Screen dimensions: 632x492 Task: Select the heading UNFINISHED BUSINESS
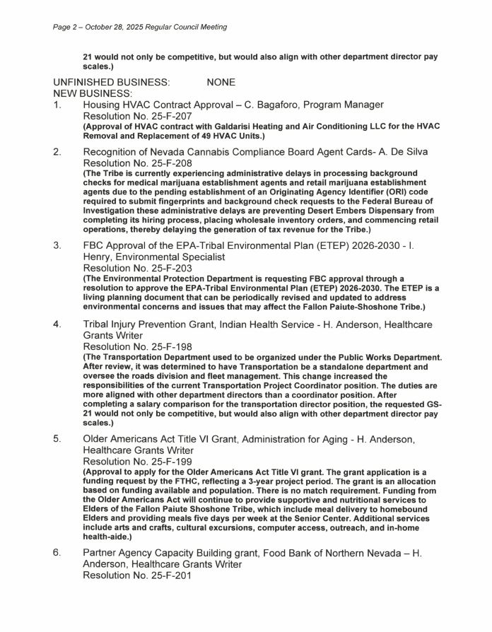[112, 82]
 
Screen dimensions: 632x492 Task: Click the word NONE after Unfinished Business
[221, 82]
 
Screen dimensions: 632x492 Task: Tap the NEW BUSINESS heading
[93, 93]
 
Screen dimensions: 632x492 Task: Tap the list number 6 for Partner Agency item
[57, 552]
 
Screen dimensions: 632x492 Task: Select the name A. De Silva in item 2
[402, 151]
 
